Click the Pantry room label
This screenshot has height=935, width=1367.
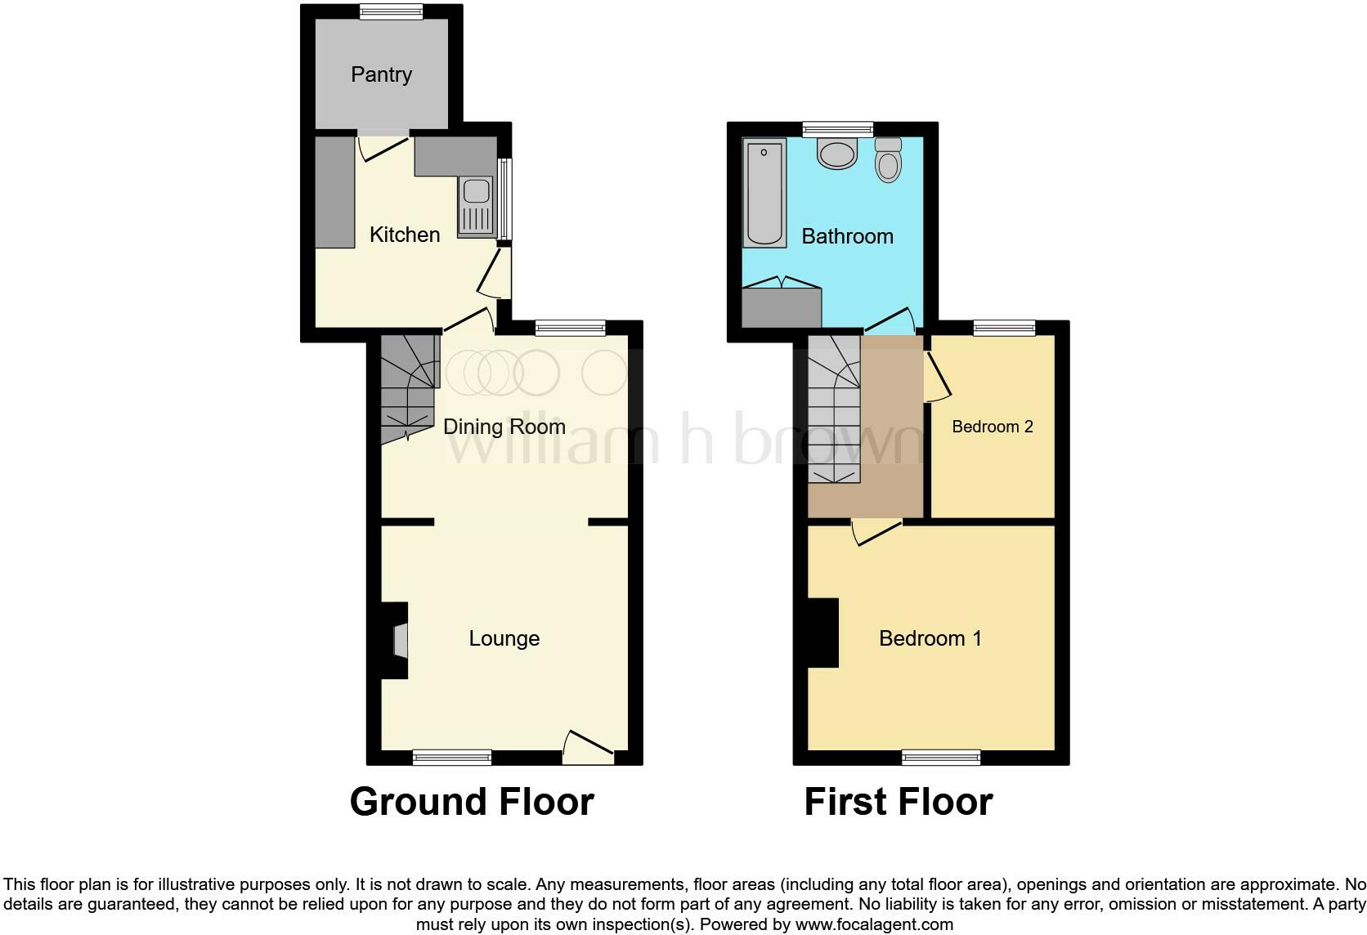tap(381, 74)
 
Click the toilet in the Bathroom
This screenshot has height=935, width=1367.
tap(887, 159)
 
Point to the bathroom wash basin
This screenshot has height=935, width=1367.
tap(836, 154)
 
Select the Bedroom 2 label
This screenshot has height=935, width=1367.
tap(992, 427)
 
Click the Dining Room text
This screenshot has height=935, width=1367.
tap(504, 427)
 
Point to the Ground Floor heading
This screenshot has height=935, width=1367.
tap(472, 802)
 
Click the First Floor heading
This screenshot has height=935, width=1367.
tap(898, 802)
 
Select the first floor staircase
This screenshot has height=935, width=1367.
tap(834, 409)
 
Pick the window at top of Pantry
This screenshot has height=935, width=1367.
tap(391, 11)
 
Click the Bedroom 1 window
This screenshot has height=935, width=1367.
tap(940, 758)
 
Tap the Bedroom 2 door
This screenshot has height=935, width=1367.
tap(937, 376)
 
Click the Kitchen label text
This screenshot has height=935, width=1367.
tap(404, 235)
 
